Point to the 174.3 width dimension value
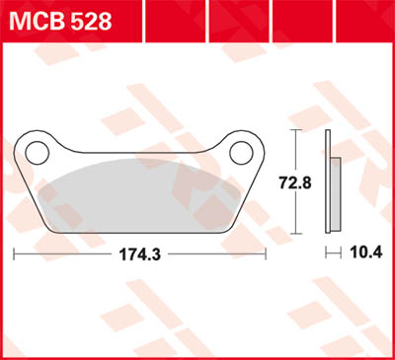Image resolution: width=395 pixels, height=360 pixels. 141,253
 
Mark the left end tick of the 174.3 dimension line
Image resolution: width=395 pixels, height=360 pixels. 14,253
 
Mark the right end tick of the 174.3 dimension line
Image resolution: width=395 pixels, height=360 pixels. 269,253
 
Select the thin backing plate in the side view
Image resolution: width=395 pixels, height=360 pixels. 328,181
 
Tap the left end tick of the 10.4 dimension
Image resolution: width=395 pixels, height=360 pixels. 325,253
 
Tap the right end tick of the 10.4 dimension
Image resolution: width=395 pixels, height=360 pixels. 340,253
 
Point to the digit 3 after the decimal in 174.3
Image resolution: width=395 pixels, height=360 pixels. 158,253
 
